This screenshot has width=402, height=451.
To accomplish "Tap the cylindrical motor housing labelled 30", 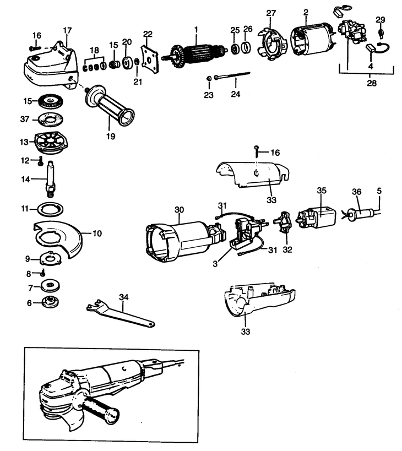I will click(x=176, y=237).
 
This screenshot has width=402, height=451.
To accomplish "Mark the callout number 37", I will click(x=24, y=119).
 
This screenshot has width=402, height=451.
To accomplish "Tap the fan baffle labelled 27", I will click(x=270, y=42).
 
